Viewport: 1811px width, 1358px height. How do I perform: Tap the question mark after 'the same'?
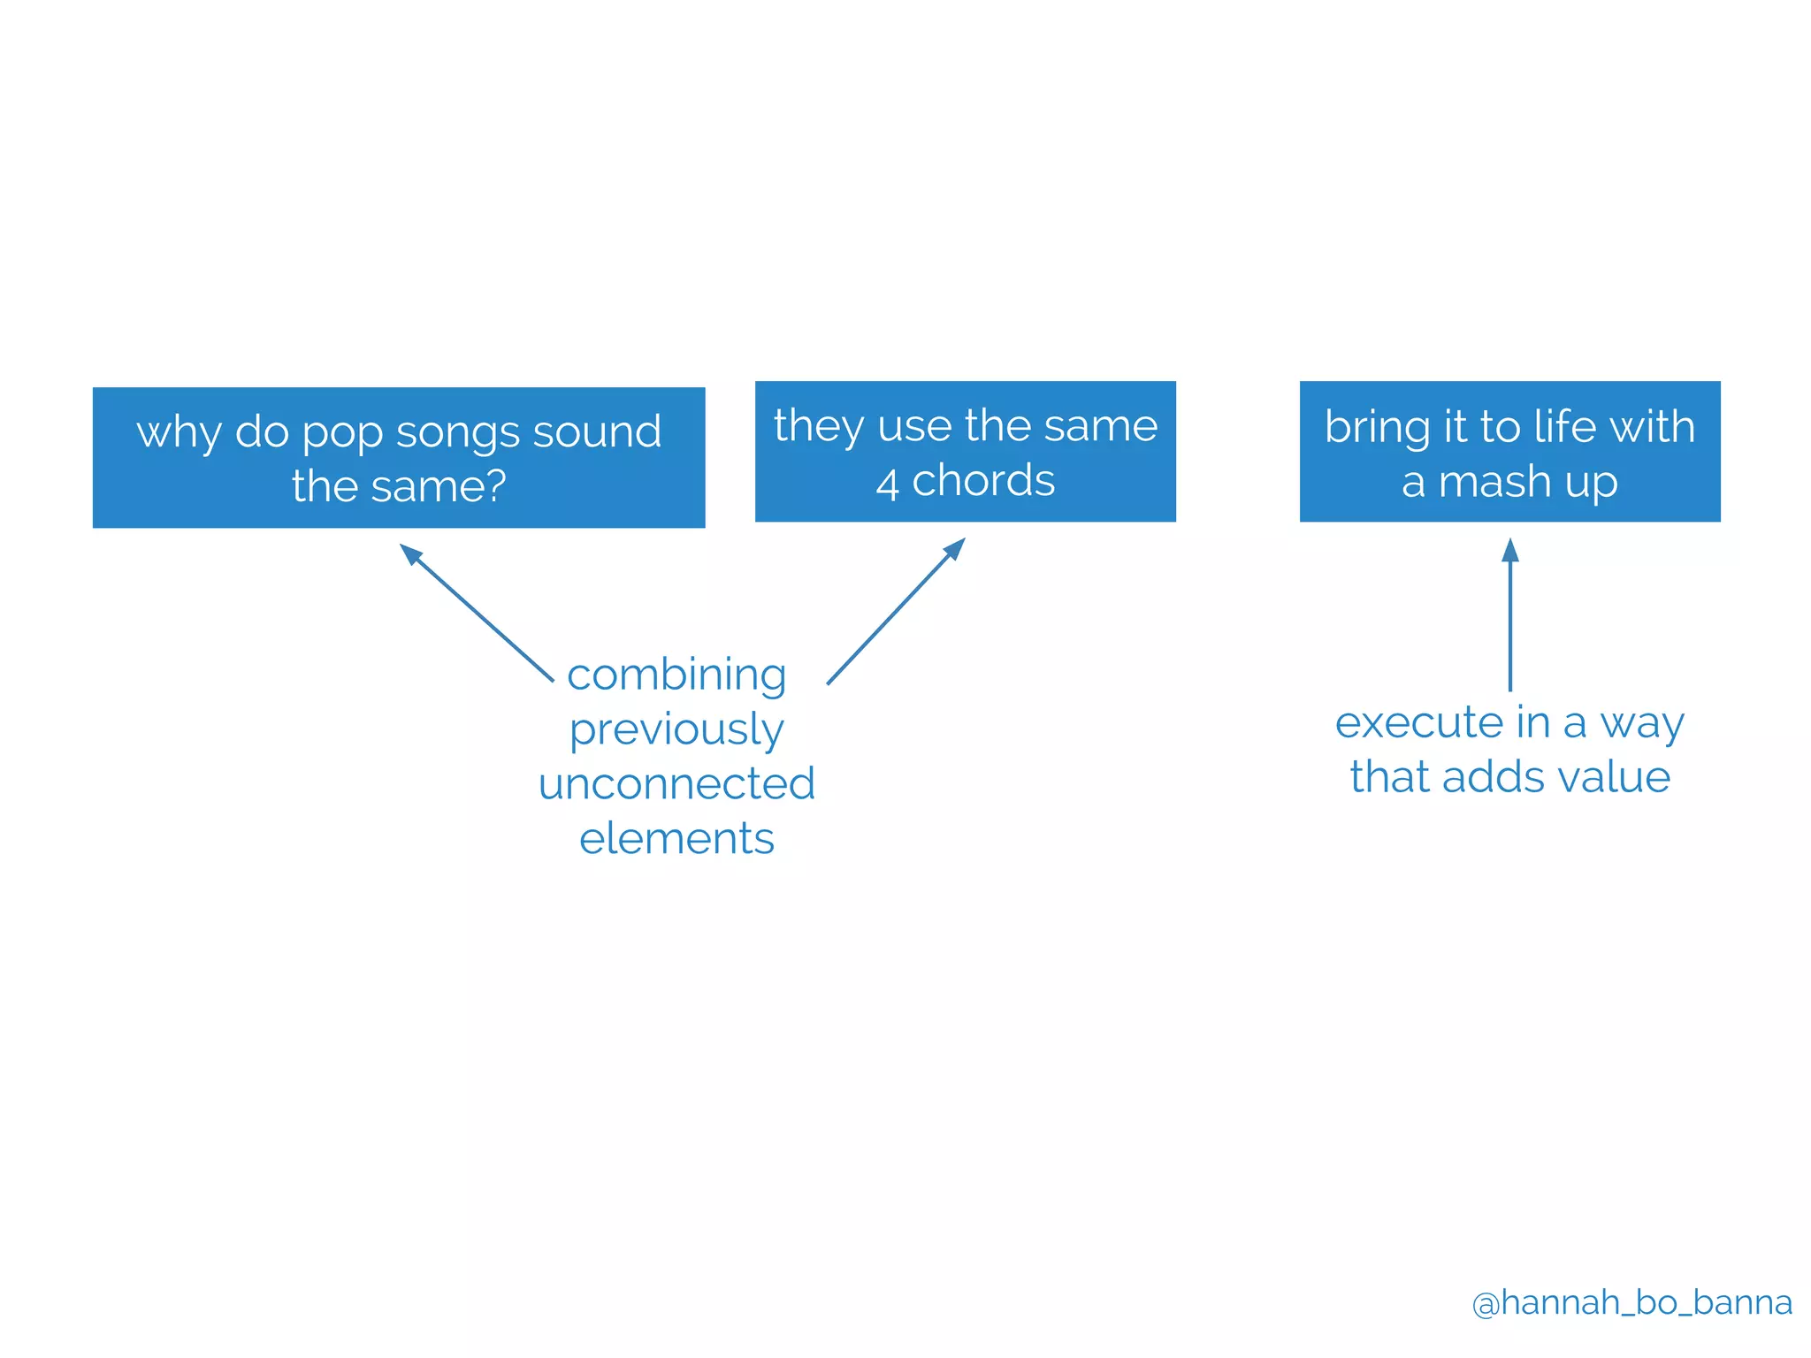point(496,485)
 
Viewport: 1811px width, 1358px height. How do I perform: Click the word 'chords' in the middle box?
point(983,481)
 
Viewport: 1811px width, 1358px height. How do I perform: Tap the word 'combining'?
point(676,675)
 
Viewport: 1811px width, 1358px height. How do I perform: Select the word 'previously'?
point(676,730)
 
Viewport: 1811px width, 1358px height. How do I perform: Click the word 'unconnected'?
point(676,784)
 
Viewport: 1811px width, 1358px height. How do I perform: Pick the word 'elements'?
point(676,838)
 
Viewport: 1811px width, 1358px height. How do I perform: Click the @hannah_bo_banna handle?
point(1631,1302)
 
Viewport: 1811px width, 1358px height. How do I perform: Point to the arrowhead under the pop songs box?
point(410,553)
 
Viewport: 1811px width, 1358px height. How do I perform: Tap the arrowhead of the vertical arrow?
point(1510,551)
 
